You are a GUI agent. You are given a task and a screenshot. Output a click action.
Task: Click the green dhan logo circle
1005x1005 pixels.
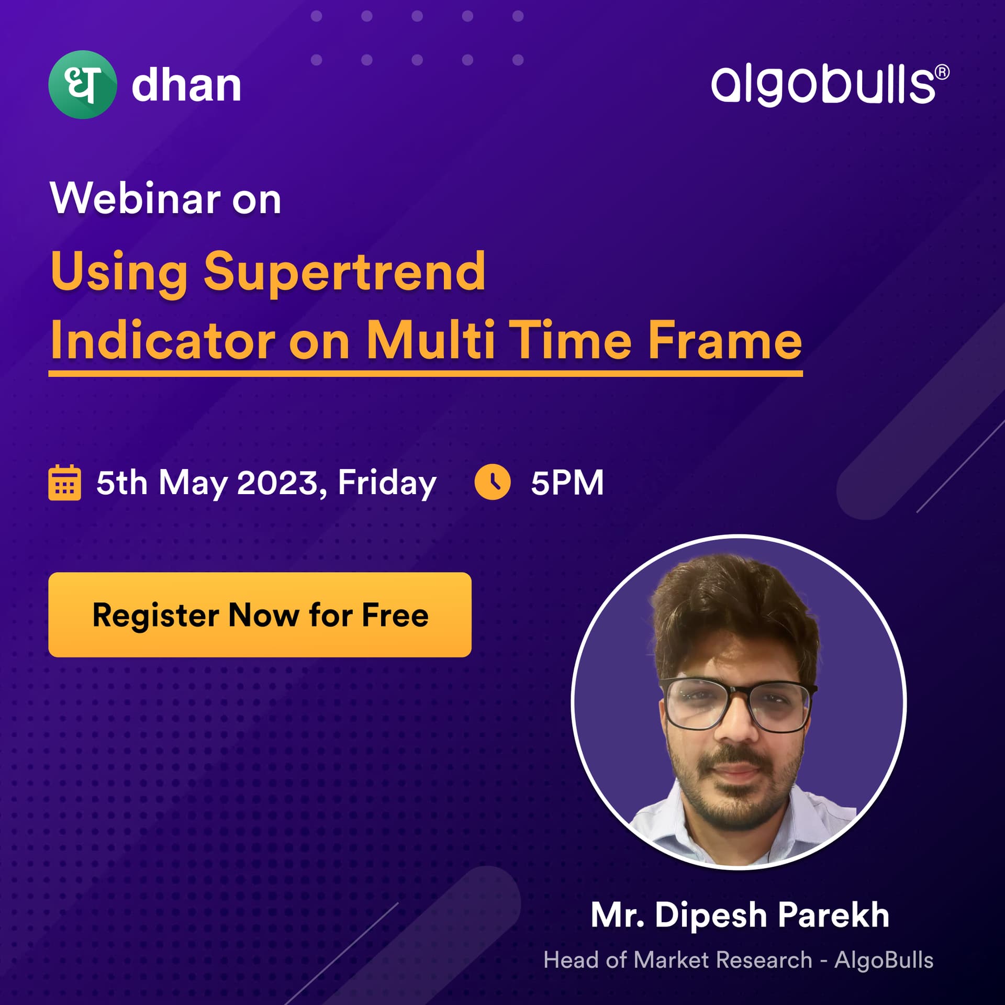point(82,84)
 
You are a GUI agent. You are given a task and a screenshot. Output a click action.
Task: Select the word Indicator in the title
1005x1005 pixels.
point(163,341)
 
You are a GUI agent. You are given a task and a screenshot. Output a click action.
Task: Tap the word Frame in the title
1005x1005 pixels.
point(725,341)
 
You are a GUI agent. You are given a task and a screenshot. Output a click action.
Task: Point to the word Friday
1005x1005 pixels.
point(387,483)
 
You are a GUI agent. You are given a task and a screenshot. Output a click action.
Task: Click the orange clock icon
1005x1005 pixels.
point(492,482)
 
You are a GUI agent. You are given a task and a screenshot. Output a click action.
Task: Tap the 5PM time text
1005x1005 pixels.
point(567,483)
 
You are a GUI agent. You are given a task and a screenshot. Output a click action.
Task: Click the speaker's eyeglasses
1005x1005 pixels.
point(738,705)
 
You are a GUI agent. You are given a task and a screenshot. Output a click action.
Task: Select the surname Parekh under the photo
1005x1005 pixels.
point(833,915)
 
